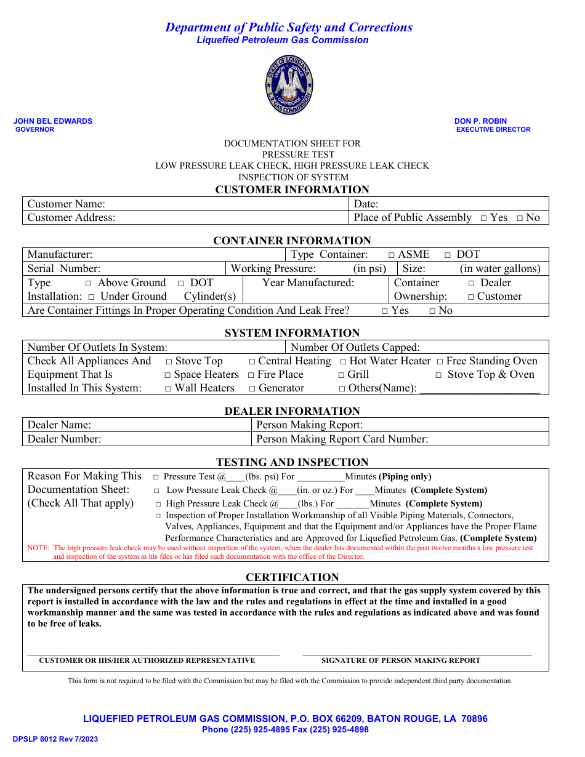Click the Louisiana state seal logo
[x=289, y=85]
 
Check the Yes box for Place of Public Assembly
[x=484, y=218]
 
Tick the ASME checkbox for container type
[x=392, y=255]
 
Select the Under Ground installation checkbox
[x=91, y=297]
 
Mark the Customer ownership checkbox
[x=471, y=297]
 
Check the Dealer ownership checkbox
[x=471, y=283]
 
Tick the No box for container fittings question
[x=432, y=311]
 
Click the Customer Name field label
[x=67, y=204]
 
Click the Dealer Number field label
[x=64, y=439]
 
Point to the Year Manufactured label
[x=308, y=282]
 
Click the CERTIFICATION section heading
[x=292, y=577]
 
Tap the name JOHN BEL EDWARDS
[x=53, y=121]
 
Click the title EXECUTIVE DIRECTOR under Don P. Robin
[x=493, y=129]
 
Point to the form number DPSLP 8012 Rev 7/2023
[x=55, y=739]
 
